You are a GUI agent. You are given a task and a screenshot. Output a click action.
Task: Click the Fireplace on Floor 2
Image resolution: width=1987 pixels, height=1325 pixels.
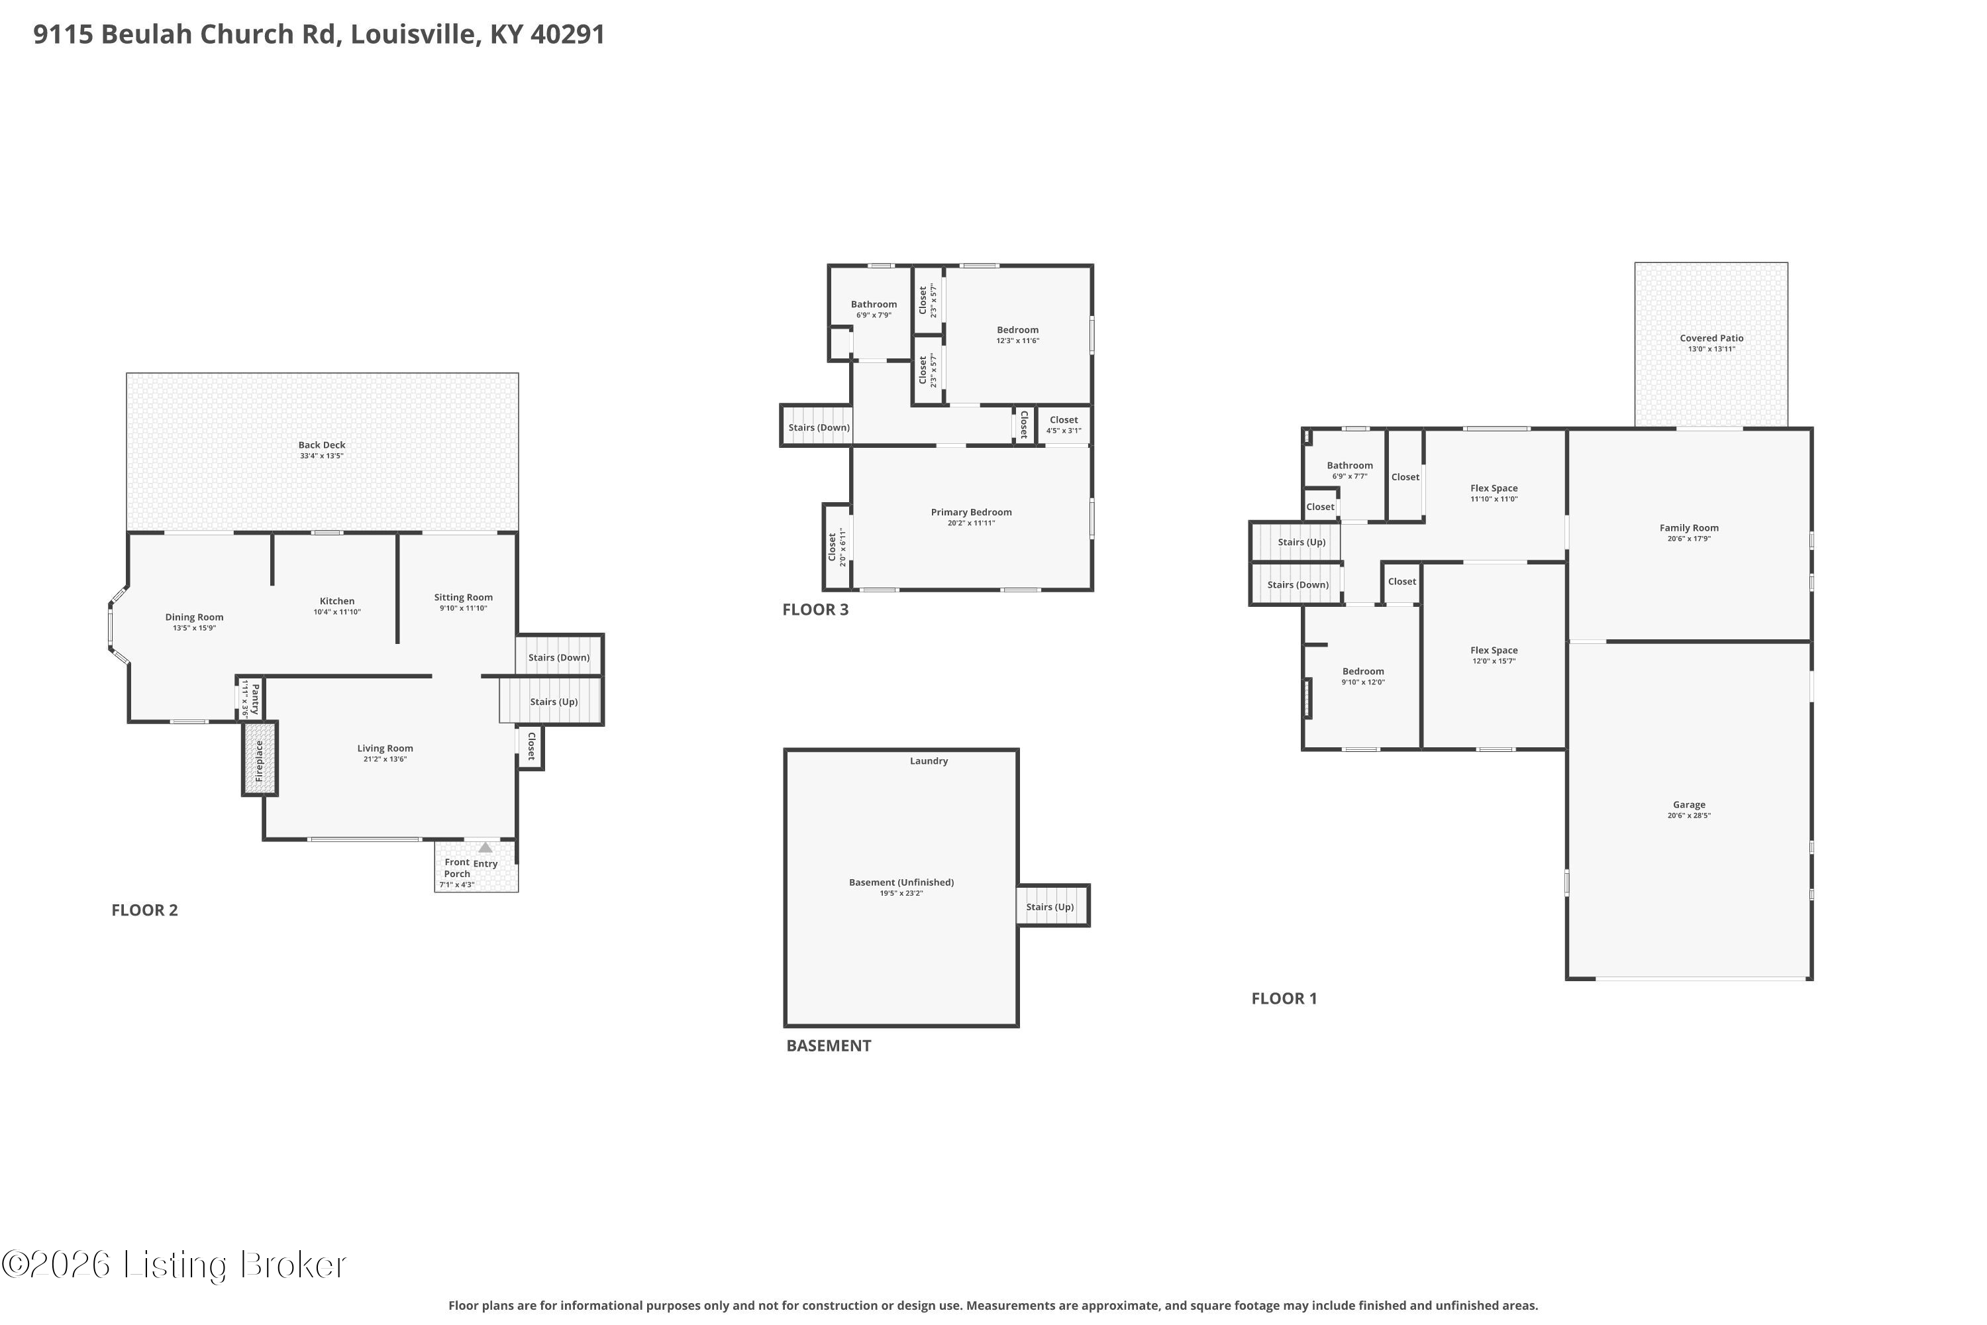point(260,758)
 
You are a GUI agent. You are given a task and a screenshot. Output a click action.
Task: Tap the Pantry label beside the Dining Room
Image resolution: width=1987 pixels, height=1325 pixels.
point(255,698)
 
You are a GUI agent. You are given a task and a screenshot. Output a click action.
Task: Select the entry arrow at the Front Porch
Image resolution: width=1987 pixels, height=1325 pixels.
point(485,847)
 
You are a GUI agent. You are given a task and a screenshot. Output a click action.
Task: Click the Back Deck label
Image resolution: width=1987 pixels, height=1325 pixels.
point(322,445)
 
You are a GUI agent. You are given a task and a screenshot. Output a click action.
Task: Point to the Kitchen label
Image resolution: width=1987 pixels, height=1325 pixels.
point(337,602)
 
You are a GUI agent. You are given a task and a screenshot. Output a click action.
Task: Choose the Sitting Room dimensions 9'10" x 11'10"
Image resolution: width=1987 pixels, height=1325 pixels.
point(463,608)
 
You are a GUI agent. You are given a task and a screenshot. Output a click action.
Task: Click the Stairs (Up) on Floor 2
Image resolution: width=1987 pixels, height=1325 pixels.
point(551,700)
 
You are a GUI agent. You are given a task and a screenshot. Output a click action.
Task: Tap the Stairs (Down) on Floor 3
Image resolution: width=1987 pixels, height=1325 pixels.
point(816,425)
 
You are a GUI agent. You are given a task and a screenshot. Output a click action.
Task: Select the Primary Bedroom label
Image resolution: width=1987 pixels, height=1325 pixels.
point(972,512)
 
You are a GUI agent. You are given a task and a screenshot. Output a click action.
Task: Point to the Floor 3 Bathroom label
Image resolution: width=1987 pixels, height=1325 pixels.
point(874,304)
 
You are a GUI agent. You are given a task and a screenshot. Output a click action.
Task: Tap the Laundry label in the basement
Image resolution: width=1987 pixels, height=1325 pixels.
point(929,761)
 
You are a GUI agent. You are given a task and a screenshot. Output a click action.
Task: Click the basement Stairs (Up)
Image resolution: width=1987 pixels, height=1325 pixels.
point(1052,906)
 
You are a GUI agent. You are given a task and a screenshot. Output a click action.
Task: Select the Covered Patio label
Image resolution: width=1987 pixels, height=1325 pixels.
point(1711,338)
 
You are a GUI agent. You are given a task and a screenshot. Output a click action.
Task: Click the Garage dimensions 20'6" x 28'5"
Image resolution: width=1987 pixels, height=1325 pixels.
point(1689,816)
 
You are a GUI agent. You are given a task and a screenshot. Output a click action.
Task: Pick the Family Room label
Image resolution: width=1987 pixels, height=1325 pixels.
point(1689,528)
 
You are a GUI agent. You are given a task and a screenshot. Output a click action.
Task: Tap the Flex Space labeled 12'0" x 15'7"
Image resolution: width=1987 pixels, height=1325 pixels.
point(1494,655)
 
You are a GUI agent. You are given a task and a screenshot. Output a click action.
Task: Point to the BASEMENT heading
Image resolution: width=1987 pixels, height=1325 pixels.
point(829,1046)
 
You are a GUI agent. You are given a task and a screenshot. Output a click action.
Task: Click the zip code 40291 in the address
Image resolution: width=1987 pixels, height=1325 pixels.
point(568,34)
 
